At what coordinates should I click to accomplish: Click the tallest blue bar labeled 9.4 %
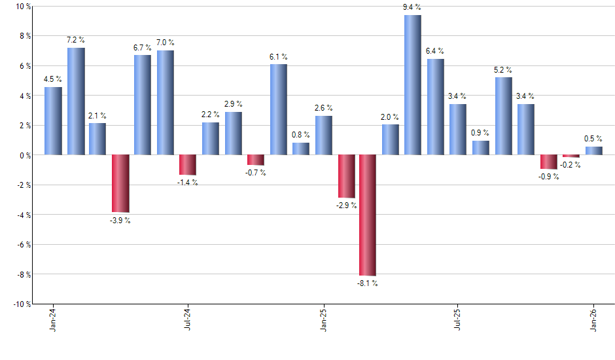tap(413, 85)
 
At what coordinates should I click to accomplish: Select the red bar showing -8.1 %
tap(368, 215)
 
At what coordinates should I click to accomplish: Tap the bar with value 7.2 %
tap(76, 101)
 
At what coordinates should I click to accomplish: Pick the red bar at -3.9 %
tap(120, 184)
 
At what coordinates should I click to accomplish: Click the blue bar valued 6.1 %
tap(278, 110)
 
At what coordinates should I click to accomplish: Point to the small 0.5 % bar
tap(593, 151)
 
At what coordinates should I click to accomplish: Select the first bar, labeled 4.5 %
tap(53, 121)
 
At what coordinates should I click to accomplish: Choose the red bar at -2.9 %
tap(345, 177)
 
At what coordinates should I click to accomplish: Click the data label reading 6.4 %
tap(435, 51)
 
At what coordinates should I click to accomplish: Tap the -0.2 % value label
tap(571, 165)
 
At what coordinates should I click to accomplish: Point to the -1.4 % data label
tap(187, 183)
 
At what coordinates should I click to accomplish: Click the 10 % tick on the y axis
tap(24, 7)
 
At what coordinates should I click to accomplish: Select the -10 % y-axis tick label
tap(22, 304)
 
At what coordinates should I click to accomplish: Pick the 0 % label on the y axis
tap(26, 156)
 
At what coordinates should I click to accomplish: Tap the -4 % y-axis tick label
tap(23, 215)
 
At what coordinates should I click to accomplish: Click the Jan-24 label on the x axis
tap(53, 319)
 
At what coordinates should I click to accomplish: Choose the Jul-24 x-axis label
tap(188, 319)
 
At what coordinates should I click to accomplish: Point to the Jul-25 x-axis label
tap(458, 319)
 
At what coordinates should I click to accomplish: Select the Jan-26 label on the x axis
tap(593, 319)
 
